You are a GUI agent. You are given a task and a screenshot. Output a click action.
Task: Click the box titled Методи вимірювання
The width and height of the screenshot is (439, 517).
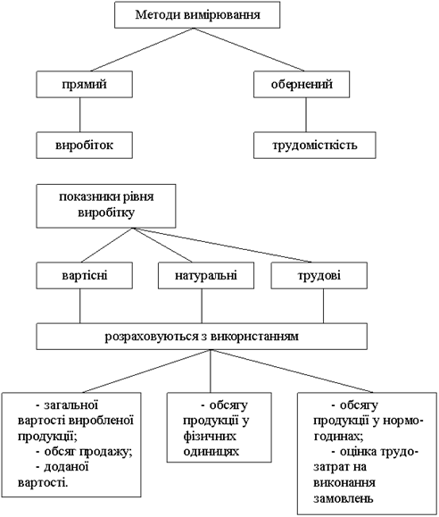pyautogui.click(x=197, y=15)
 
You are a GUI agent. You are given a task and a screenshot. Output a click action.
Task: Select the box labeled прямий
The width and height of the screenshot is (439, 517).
pyautogui.click(x=85, y=84)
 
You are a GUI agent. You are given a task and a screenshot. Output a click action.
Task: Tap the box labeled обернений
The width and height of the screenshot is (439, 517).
pyautogui.click(x=302, y=84)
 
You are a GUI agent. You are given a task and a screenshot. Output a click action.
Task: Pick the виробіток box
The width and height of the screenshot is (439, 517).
pyautogui.click(x=85, y=145)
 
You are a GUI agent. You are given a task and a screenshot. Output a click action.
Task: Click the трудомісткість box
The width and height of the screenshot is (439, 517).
pyautogui.click(x=315, y=145)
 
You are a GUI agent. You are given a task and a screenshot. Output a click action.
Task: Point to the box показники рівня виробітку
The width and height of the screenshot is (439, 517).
pyautogui.click(x=106, y=206)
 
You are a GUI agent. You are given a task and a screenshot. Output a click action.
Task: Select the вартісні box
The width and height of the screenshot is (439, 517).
pyautogui.click(x=85, y=276)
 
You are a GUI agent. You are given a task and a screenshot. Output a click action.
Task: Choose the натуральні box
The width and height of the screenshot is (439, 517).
pyautogui.click(x=206, y=276)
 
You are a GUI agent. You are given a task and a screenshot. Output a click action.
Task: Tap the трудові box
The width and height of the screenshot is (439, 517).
pyautogui.click(x=319, y=276)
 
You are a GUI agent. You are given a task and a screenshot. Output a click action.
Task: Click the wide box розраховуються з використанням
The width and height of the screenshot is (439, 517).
pyautogui.click(x=202, y=337)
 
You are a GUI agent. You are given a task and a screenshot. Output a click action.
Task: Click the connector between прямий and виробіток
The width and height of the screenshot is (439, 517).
pyautogui.click(x=79, y=115)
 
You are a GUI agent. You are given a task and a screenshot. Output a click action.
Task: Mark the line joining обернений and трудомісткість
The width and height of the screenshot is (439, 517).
pyautogui.click(x=306, y=115)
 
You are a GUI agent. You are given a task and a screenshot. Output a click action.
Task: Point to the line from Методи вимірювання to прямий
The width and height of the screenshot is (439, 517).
pyautogui.click(x=143, y=49)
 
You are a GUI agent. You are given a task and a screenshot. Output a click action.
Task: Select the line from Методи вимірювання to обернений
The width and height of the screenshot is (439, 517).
pyautogui.click(x=249, y=49)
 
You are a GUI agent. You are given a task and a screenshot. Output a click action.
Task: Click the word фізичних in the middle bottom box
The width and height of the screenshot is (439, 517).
pyautogui.click(x=210, y=437)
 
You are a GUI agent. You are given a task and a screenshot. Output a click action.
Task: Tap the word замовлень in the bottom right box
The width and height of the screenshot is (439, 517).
pyautogui.click(x=344, y=498)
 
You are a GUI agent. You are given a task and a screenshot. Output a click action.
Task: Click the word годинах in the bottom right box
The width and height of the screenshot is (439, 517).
pyautogui.click(x=337, y=437)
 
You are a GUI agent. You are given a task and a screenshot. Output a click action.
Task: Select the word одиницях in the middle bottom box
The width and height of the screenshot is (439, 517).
pyautogui.click(x=211, y=452)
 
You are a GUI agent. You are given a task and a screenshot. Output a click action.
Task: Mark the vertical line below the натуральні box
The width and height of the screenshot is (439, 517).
pyautogui.click(x=202, y=306)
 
